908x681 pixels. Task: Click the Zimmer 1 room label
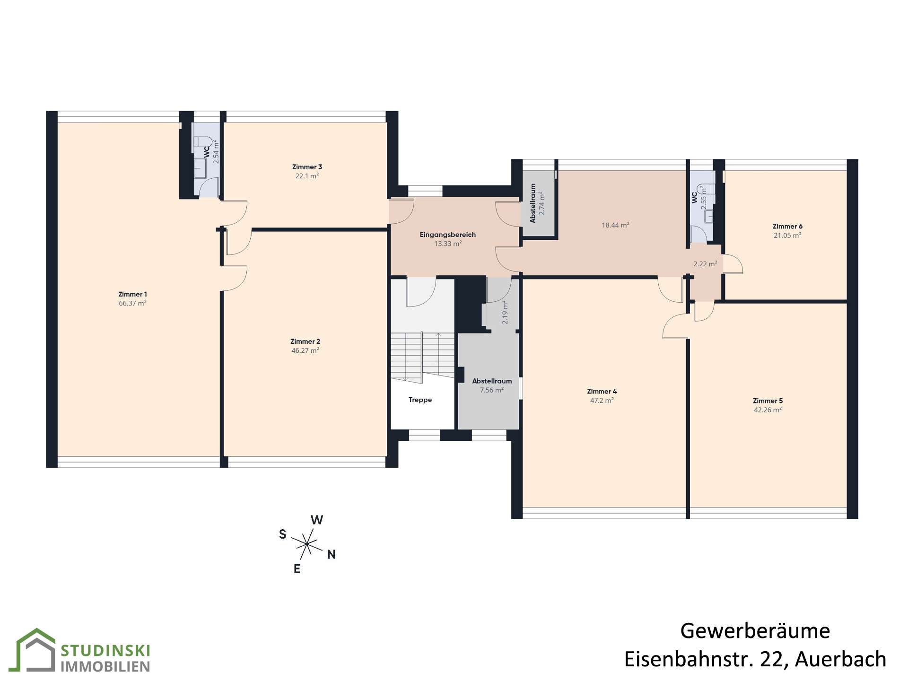tap(132, 294)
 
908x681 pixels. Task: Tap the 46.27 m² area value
tap(305, 350)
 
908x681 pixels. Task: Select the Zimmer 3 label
tap(307, 167)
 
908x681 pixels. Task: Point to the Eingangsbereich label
tap(448, 235)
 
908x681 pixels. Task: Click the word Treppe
tap(420, 400)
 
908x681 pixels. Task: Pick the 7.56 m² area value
tap(492, 390)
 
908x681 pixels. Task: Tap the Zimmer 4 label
tap(602, 392)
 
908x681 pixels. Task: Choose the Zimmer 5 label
tap(768, 401)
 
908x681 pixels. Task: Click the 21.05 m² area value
tap(787, 236)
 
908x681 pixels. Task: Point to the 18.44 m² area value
tap(615, 225)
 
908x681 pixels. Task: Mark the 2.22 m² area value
tap(705, 264)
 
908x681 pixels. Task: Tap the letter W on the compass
tap(317, 520)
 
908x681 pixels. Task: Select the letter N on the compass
tap(332, 555)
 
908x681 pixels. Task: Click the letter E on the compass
tap(297, 569)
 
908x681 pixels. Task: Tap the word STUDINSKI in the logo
tap(105, 651)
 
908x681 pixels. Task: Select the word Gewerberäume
tap(755, 631)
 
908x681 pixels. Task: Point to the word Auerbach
tap(840, 659)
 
